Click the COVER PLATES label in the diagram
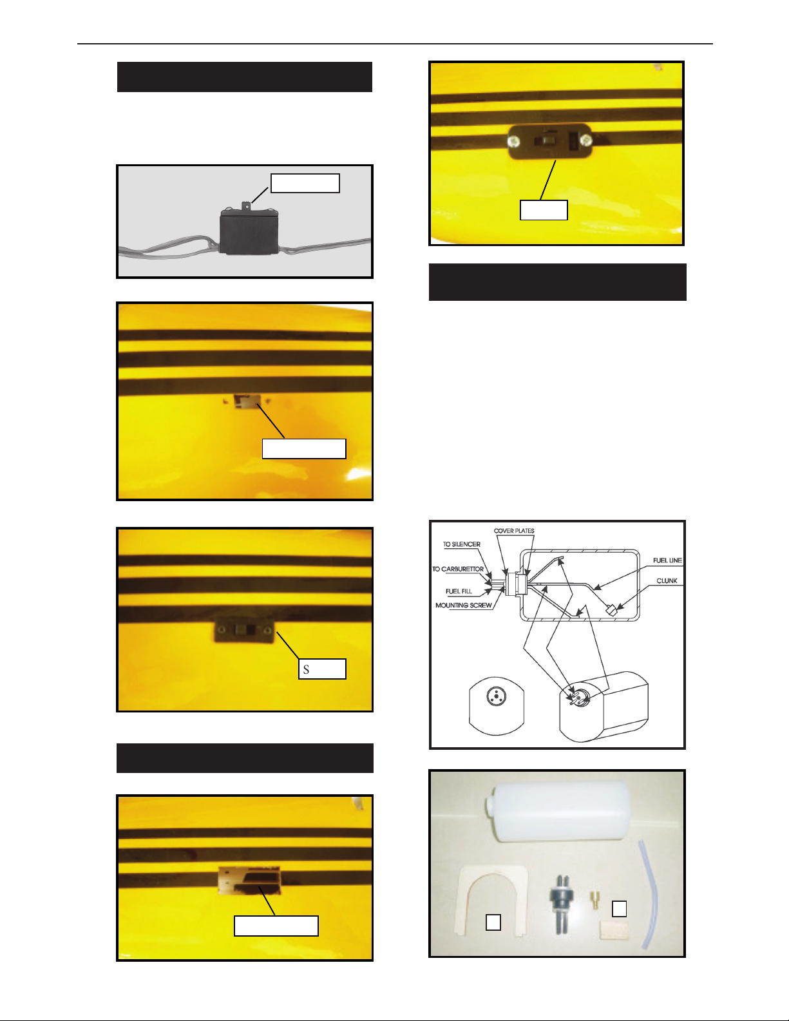tap(514, 531)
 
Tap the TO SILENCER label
tap(462, 544)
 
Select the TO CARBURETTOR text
tap(458, 569)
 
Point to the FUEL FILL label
tap(459, 591)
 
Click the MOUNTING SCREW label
tap(464, 605)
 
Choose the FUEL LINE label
tap(667, 560)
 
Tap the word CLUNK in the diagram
tap(667, 581)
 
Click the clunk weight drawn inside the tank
tap(611, 610)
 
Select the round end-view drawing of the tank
tap(497, 705)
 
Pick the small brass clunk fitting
tap(594, 901)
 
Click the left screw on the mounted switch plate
tap(515, 140)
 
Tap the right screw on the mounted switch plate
tap(585, 140)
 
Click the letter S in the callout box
tap(306, 669)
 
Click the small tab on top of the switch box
tap(246, 205)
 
